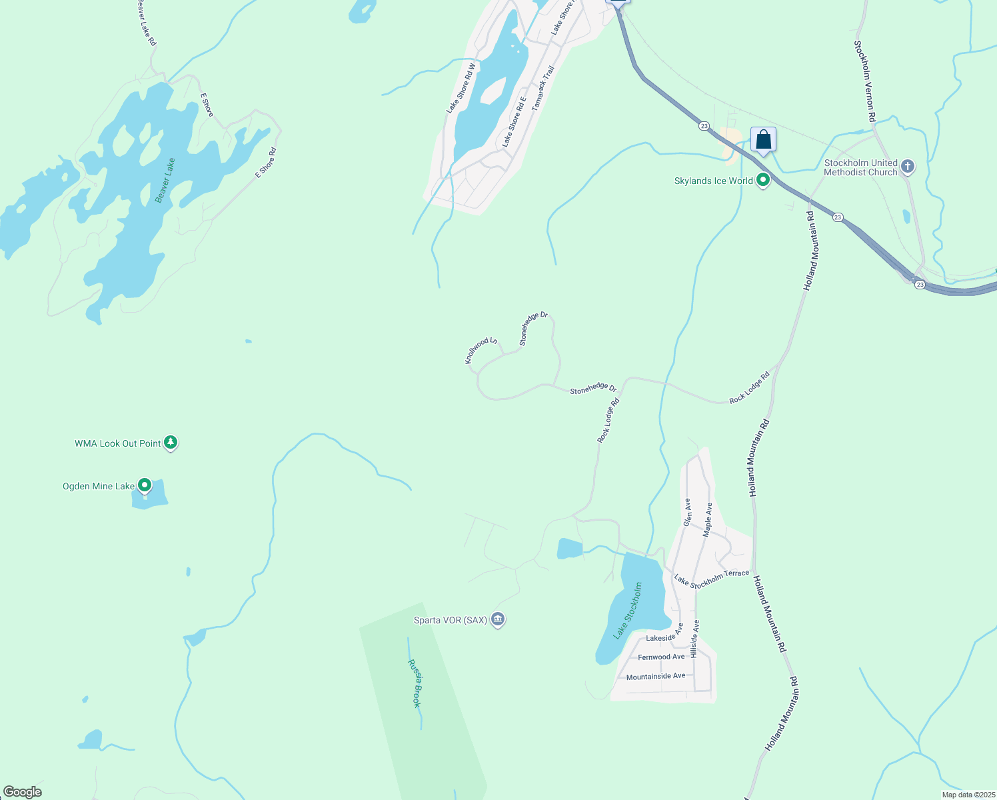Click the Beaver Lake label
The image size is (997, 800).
coord(165,180)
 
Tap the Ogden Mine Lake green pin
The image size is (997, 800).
coord(145,485)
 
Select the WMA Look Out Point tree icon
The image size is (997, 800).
coord(171,442)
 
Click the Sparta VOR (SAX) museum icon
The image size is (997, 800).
coord(497,619)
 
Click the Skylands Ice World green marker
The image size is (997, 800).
coord(763,180)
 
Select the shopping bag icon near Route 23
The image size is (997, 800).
coord(763,140)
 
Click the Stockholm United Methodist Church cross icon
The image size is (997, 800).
coord(908,167)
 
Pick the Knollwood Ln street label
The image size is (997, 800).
coord(481,351)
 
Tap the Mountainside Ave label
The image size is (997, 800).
coord(656,676)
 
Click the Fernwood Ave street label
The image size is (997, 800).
coord(661,657)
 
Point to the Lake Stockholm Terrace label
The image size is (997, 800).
coord(711,579)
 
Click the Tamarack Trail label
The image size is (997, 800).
coord(543,87)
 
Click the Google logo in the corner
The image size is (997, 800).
coord(22,792)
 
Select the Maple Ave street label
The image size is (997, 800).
coord(708,519)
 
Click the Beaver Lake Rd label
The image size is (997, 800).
coord(147,23)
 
